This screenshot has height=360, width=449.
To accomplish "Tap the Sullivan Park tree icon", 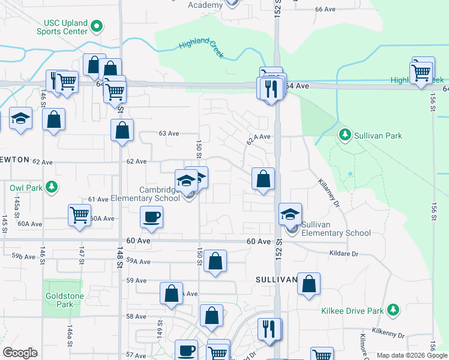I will point(345,136).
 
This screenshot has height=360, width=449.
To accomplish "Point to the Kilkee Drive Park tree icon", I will point(393,310).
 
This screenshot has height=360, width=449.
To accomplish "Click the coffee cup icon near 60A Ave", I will point(151,217).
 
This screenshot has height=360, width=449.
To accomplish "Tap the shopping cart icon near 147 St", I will point(79,215).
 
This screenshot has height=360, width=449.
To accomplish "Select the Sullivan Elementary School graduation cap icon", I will point(290,214).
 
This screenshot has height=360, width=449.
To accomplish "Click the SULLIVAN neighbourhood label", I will point(276,280).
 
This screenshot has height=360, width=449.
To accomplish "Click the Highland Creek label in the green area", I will point(201,48).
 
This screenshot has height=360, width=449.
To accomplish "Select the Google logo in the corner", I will point(20,353).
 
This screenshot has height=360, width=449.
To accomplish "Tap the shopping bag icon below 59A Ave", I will point(215,262).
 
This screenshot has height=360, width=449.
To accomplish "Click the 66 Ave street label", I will point(325,10).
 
